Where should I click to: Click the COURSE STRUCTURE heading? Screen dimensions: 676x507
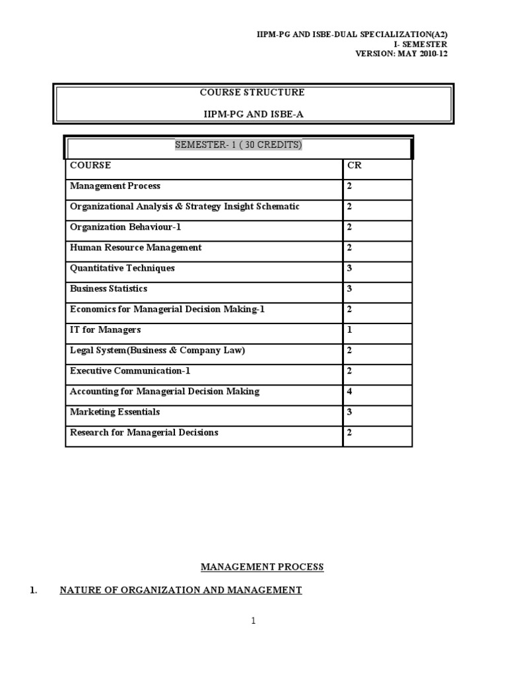(x=253, y=92)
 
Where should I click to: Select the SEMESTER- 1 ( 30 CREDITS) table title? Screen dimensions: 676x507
(x=238, y=145)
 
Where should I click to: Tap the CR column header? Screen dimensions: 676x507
(x=355, y=166)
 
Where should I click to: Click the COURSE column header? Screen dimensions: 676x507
(x=90, y=166)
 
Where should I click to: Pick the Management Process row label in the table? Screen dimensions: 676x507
(x=115, y=186)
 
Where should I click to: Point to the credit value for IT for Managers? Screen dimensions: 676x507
(x=350, y=330)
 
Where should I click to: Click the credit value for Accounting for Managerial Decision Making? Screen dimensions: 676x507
(x=350, y=391)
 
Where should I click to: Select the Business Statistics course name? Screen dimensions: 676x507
(x=108, y=289)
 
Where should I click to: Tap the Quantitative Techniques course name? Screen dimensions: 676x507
(x=122, y=269)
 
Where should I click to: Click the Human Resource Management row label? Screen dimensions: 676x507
(x=135, y=248)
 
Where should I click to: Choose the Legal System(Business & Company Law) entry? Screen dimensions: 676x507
(x=157, y=351)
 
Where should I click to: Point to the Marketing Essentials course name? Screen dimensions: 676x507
(x=115, y=412)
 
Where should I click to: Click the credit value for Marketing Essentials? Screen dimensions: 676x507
(x=350, y=412)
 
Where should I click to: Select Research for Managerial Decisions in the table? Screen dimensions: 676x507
(x=144, y=432)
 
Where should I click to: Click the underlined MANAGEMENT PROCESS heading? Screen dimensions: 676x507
(x=262, y=567)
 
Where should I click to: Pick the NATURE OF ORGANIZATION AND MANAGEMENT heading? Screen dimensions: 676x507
(x=180, y=590)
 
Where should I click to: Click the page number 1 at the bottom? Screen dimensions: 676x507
(x=253, y=621)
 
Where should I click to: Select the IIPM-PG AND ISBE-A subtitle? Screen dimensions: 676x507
(x=253, y=114)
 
